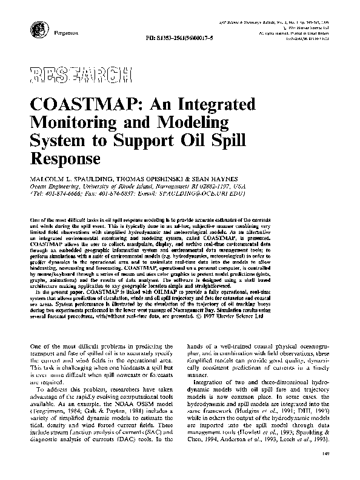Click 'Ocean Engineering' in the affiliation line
pyautogui.click(x=53, y=187)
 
